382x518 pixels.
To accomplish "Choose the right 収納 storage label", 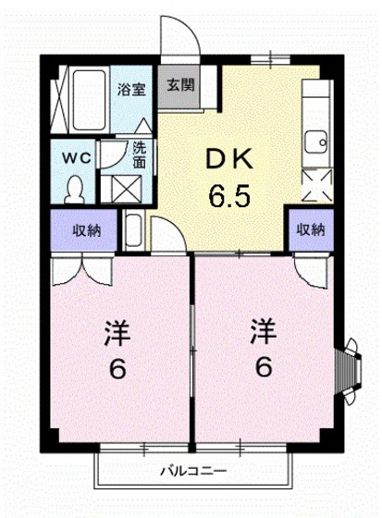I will point(310,230).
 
